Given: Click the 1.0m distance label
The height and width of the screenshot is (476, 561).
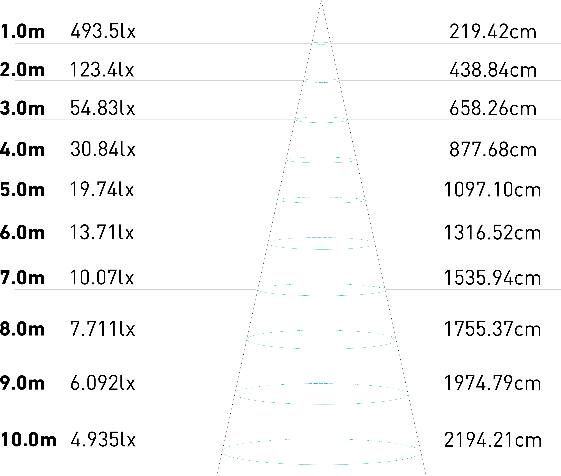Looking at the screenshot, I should coord(22,32).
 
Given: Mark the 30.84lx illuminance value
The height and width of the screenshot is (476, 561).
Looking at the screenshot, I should coord(103,149).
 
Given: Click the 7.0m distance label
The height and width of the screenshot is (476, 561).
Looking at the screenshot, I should coord(22,278).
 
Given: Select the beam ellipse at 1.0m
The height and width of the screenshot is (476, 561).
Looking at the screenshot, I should coord(321,43).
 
